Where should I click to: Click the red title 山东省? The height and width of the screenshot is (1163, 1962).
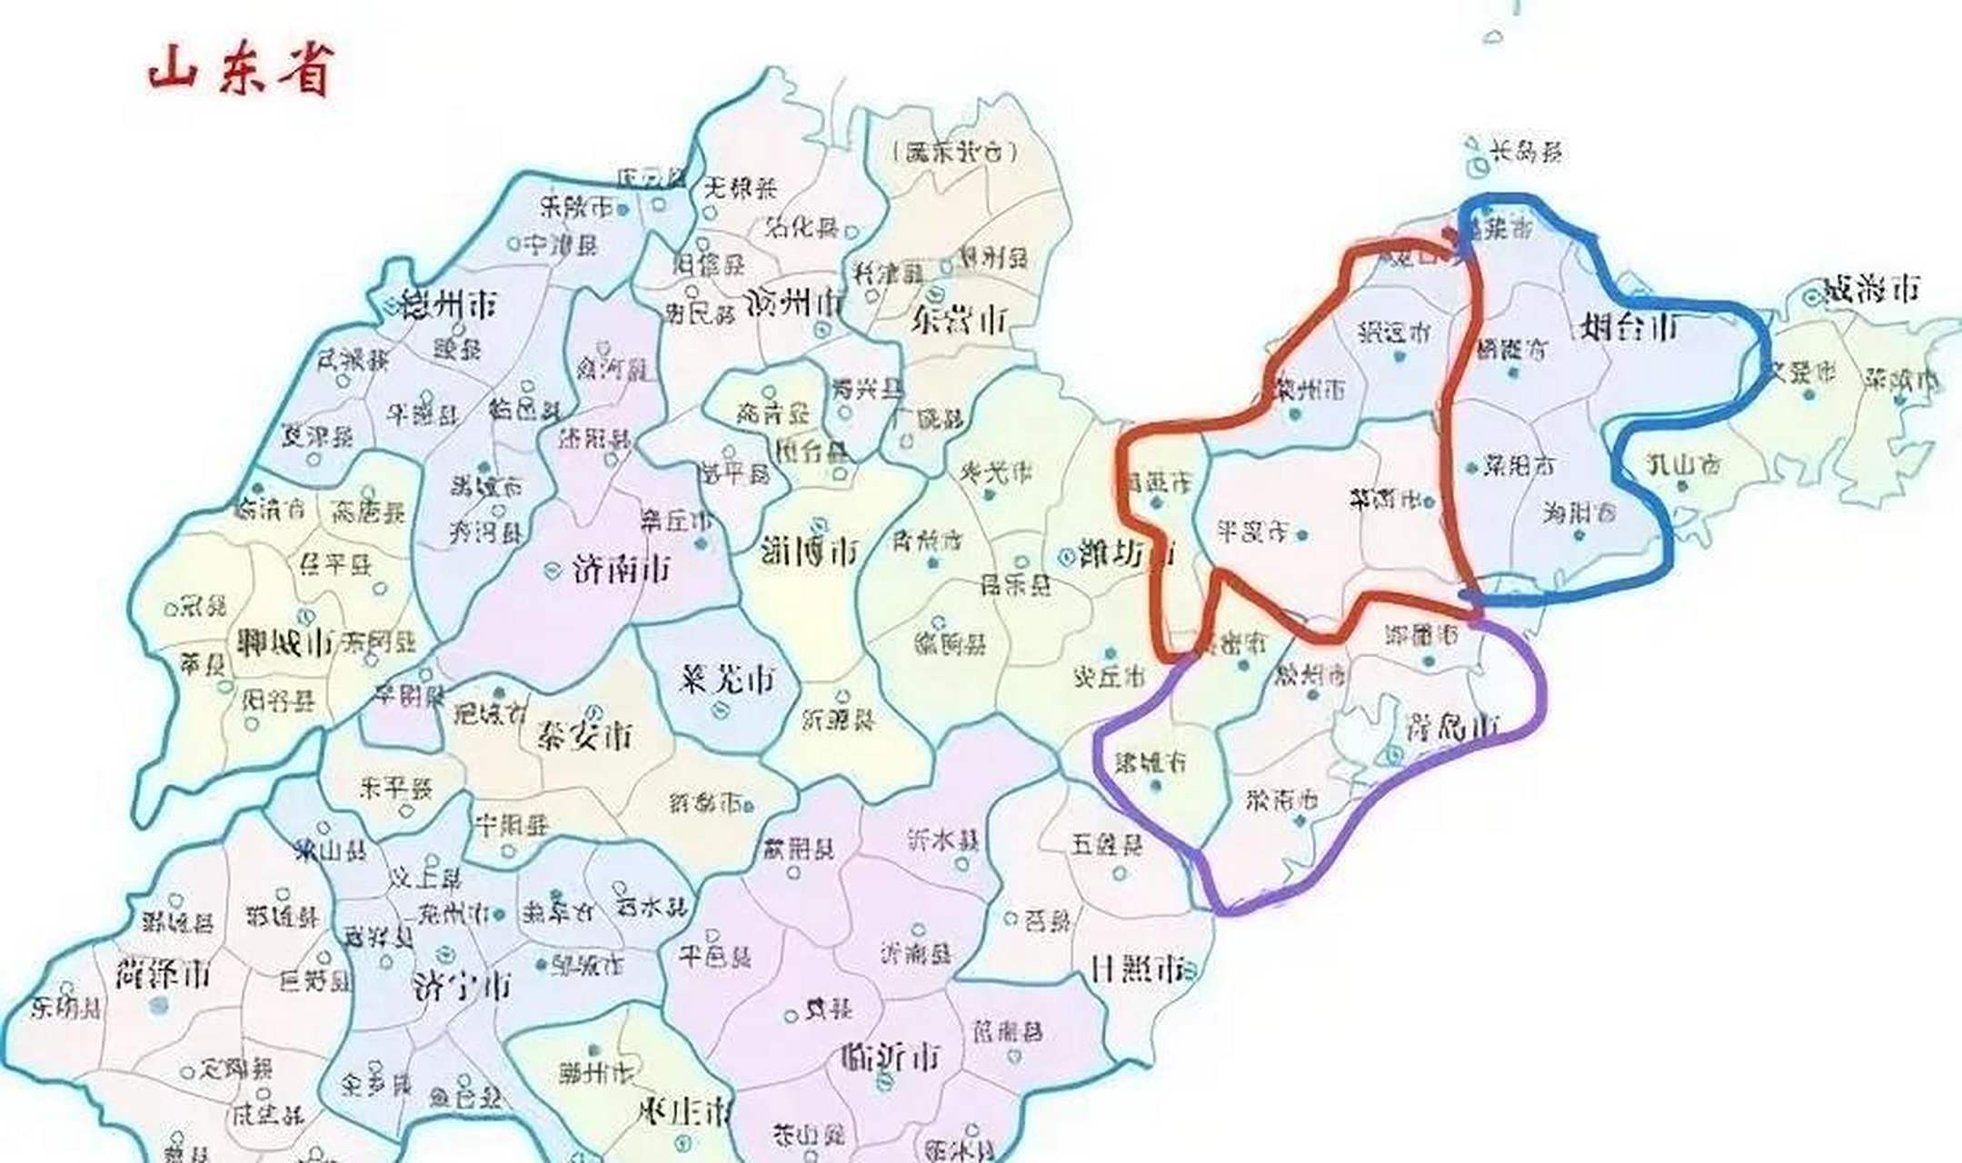(242, 69)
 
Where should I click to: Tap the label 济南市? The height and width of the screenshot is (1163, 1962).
(622, 570)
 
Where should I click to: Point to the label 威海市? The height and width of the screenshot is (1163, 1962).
(1874, 290)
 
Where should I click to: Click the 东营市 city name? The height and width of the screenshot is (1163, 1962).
(960, 320)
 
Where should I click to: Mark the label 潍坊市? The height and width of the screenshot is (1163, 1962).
(1127, 553)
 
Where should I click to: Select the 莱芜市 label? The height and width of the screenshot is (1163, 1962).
(727, 679)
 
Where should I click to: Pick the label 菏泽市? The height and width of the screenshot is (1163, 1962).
(164, 975)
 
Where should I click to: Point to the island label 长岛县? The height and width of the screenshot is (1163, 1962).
(1526, 151)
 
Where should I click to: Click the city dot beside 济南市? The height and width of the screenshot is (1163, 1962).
(551, 571)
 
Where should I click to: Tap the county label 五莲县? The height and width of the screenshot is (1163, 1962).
(1106, 845)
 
